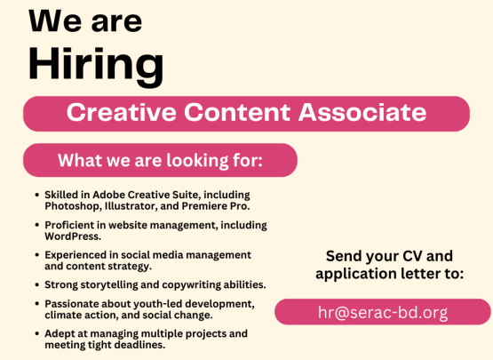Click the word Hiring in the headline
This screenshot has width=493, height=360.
[x=96, y=66]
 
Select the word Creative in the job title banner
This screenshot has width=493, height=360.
[x=122, y=112]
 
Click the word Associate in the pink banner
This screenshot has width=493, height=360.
[x=362, y=112]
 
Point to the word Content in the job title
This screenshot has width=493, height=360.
[x=237, y=112]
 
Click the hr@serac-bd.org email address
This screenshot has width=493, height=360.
[x=383, y=312]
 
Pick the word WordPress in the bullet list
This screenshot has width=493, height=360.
[x=73, y=236]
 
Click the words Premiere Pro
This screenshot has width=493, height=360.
[x=216, y=206]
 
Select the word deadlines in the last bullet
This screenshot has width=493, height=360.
[x=139, y=345]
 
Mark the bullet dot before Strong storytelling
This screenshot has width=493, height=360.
[x=37, y=285]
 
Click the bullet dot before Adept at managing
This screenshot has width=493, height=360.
[x=37, y=334]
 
